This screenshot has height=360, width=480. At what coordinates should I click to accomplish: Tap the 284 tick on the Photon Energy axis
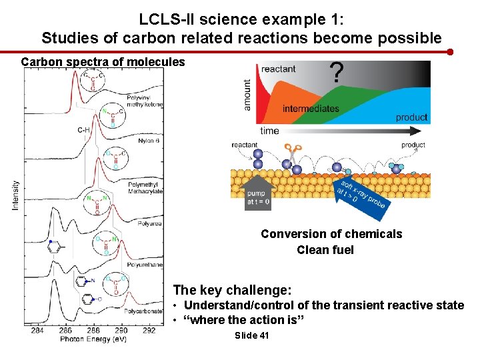[x=37, y=330]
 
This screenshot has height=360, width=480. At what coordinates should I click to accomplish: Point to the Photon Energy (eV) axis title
[x=93, y=339]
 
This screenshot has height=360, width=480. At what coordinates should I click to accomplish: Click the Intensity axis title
[x=15, y=194]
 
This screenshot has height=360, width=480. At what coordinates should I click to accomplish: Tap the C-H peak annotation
[x=84, y=130]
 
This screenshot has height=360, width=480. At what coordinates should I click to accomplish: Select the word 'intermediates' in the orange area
[x=311, y=109]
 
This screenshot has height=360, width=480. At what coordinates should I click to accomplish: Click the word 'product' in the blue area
[x=411, y=117]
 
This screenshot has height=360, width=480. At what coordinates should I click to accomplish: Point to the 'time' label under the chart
[x=269, y=131]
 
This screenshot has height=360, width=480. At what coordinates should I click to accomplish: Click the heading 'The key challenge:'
[x=232, y=290]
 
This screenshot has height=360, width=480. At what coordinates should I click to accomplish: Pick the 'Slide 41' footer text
[x=252, y=335]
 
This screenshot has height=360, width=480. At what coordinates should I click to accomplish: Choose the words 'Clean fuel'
[x=325, y=250]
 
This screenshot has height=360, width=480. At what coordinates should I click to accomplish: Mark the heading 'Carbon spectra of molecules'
[x=103, y=62]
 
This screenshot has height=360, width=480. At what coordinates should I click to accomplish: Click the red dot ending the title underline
[x=451, y=51]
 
